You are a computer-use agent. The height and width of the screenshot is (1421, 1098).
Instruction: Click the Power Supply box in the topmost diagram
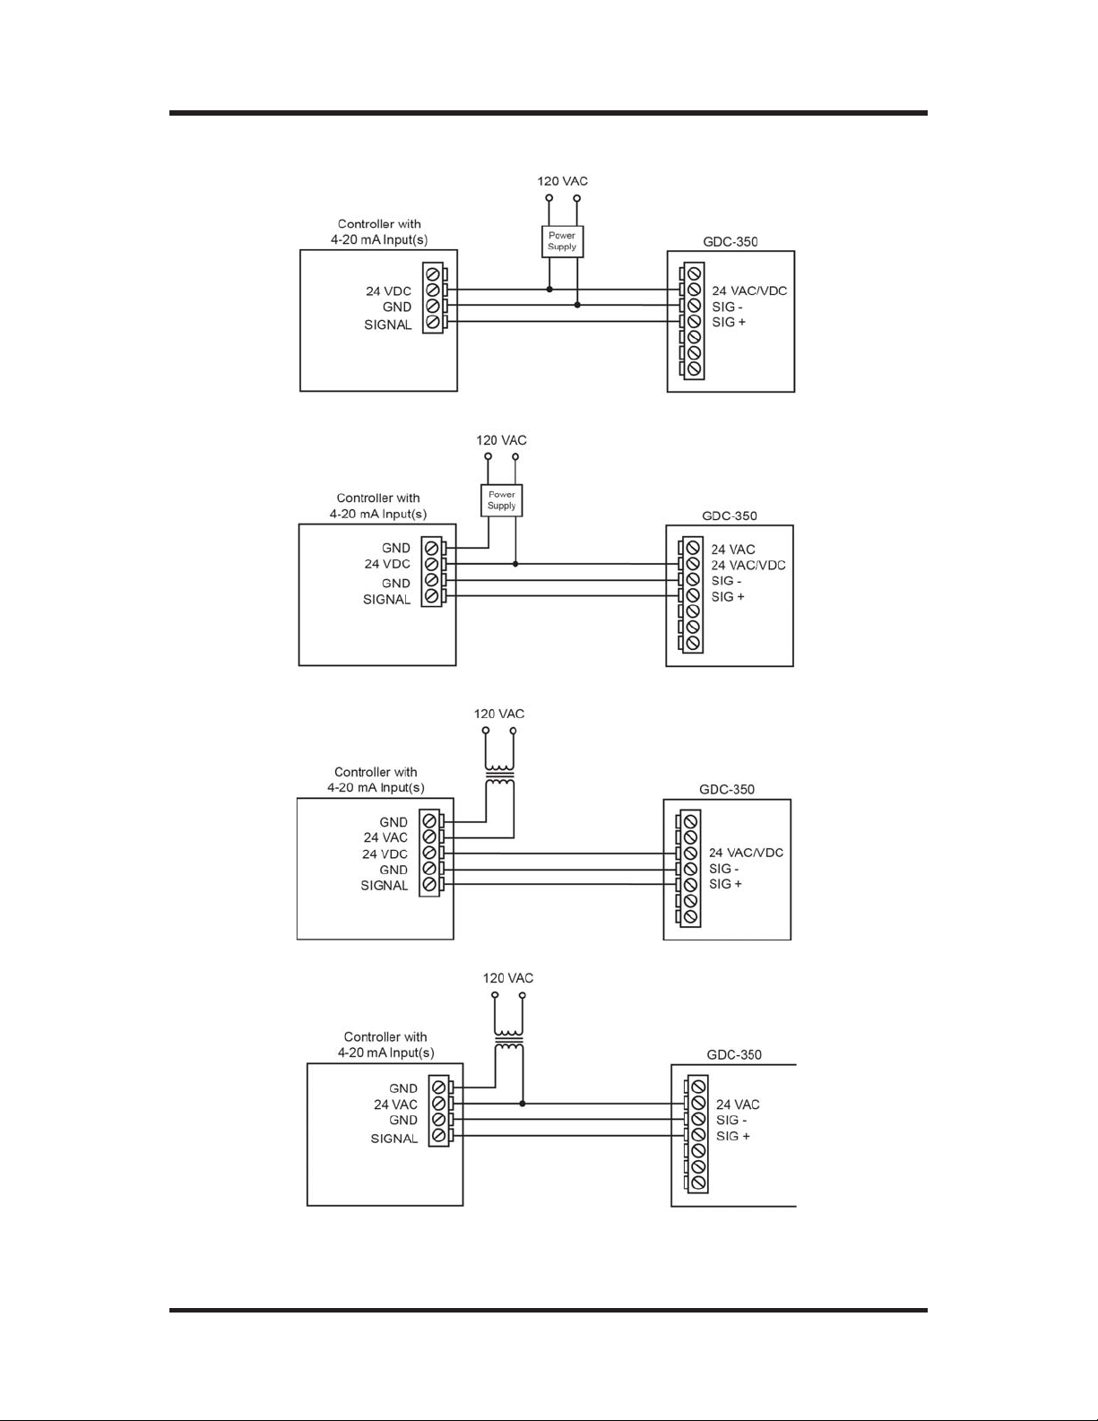point(562,241)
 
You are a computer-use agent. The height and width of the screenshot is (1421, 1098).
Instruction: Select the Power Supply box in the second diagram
point(501,500)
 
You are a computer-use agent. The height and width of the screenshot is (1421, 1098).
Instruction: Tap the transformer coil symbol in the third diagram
point(499,775)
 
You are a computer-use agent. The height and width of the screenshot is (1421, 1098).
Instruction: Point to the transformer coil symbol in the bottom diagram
point(508,1040)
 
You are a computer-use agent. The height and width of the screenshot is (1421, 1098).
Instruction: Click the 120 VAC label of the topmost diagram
point(562,181)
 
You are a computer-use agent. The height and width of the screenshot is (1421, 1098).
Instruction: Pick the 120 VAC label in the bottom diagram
point(508,978)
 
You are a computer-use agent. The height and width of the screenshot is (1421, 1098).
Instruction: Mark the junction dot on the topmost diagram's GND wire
point(577,306)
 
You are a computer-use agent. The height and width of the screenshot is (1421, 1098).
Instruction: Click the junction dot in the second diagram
point(515,564)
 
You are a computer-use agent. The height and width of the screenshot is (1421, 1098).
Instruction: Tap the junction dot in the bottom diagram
point(523,1104)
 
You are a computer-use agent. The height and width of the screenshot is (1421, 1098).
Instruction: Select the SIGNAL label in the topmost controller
point(388,325)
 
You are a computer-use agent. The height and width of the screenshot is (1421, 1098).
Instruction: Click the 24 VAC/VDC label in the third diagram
point(746,853)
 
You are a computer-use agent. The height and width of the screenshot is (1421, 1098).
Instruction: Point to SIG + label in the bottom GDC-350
point(733,1136)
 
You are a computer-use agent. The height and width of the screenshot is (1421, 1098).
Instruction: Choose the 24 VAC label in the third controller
point(385,837)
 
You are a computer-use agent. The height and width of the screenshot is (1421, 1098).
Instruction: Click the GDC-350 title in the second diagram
point(729,516)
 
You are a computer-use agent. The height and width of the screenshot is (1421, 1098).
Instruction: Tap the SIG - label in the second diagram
point(726,581)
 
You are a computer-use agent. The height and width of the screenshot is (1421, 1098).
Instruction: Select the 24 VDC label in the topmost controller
point(388,291)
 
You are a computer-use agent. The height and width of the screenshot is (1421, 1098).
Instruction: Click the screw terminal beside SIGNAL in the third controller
point(429,885)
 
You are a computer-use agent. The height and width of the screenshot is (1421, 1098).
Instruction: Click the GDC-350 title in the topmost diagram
point(731,242)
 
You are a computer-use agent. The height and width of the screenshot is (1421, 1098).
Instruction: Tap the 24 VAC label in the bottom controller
point(395,1105)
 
